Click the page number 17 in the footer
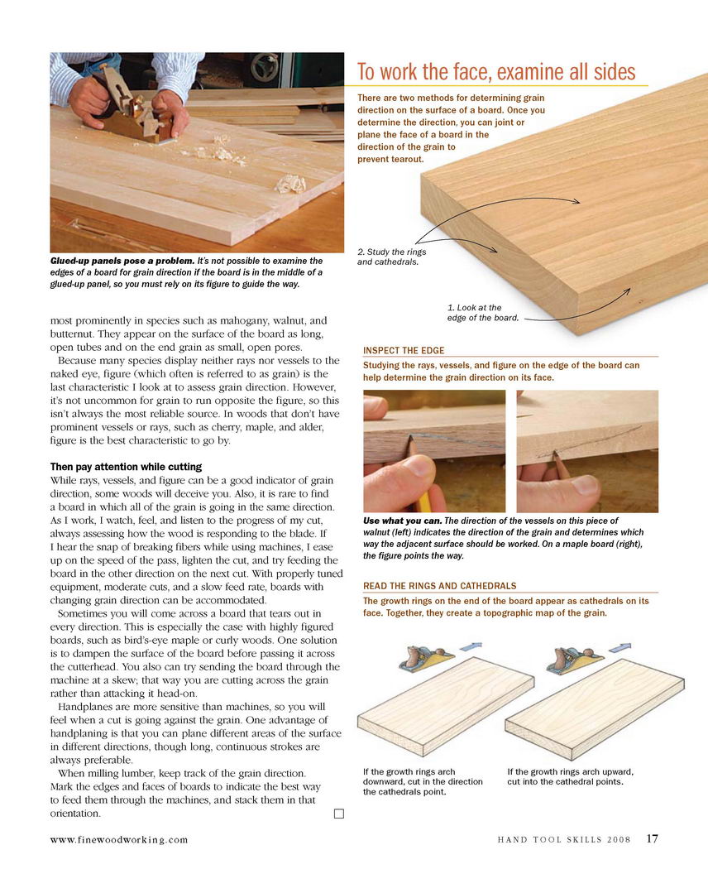653,838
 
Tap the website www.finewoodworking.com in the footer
119,839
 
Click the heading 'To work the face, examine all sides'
496,72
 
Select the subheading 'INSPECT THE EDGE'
404,350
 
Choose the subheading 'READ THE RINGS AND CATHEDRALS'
440,585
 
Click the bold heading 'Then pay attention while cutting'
126,467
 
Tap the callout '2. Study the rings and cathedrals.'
392,257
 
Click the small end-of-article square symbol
338,814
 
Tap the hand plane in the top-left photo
136,108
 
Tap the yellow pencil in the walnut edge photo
422,492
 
